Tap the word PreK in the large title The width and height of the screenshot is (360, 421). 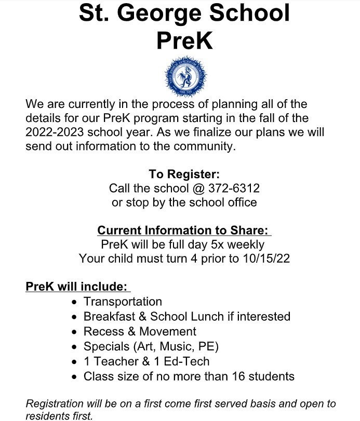[x=184, y=40]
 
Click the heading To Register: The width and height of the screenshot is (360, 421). [x=184, y=174]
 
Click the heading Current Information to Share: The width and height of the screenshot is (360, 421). [x=184, y=230]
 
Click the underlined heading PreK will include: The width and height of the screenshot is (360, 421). [x=77, y=287]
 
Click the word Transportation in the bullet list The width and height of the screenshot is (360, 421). [x=123, y=301]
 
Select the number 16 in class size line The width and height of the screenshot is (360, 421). [x=237, y=376]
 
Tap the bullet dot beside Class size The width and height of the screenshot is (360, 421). [x=76, y=377]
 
